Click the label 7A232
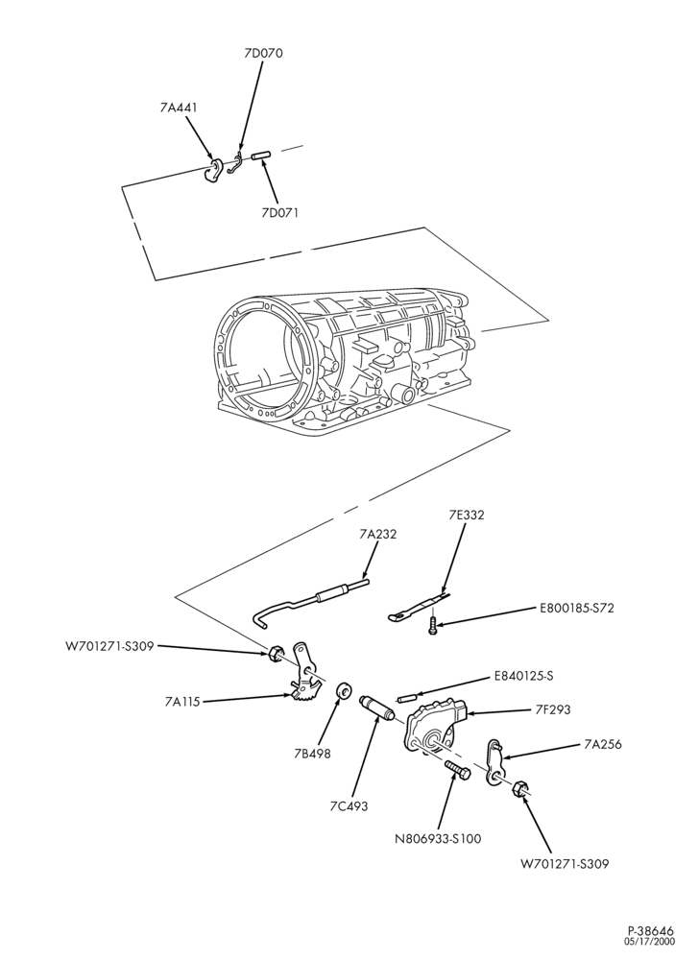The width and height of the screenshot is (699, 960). [x=377, y=535]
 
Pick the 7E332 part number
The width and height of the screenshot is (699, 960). [x=466, y=515]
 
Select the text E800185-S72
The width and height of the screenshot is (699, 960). [x=576, y=608]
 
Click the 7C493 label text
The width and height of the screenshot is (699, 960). [x=348, y=806]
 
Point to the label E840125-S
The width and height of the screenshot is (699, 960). [x=523, y=677]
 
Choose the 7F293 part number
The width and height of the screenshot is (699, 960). [x=552, y=709]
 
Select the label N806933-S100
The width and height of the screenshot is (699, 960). [x=438, y=838]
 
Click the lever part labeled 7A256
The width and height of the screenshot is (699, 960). [x=495, y=760]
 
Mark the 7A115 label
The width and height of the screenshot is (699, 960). [x=181, y=702]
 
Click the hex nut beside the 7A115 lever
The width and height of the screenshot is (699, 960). [x=276, y=653]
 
